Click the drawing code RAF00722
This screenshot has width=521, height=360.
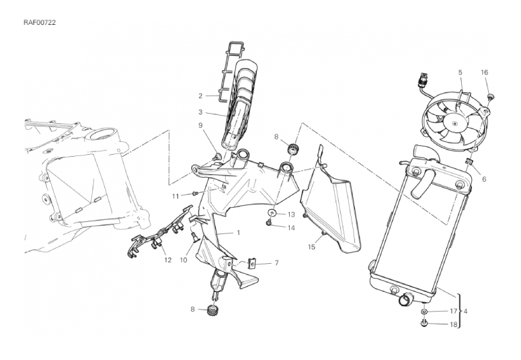(x=40, y=22)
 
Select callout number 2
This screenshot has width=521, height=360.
(x=200, y=96)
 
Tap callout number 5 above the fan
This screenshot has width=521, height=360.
(x=460, y=72)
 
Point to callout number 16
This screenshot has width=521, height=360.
(x=484, y=72)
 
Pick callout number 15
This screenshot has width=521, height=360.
(x=312, y=247)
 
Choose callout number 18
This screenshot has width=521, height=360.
(x=453, y=324)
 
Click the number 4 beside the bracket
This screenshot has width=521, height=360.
(x=466, y=312)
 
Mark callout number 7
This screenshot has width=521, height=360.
(x=276, y=262)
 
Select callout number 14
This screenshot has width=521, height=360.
(x=291, y=227)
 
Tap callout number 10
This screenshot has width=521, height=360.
(x=183, y=260)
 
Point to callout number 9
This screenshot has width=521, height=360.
(x=200, y=125)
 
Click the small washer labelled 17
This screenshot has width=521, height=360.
(x=425, y=312)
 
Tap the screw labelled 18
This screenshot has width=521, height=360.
(x=425, y=325)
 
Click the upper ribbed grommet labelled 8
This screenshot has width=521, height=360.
(x=292, y=149)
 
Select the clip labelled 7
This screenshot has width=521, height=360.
(x=254, y=263)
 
